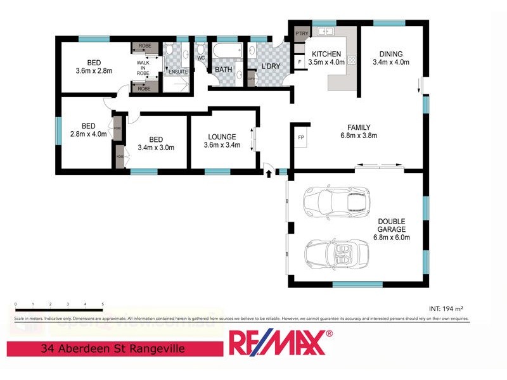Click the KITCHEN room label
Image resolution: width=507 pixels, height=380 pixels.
[326, 54]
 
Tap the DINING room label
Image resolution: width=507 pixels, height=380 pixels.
[390, 54]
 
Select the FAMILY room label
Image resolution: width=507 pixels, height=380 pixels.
[359, 127]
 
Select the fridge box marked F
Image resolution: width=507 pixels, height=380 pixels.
[300, 62]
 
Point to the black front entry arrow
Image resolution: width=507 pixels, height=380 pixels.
[269, 172]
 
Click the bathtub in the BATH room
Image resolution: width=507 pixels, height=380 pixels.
[227, 51]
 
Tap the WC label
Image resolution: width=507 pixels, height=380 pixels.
[201, 58]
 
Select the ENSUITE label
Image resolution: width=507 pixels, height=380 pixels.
[177, 72]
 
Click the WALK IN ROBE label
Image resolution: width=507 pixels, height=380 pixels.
[143, 68]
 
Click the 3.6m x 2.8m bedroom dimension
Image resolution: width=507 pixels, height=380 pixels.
[94, 71]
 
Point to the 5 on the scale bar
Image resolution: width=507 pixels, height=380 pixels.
[102, 304]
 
